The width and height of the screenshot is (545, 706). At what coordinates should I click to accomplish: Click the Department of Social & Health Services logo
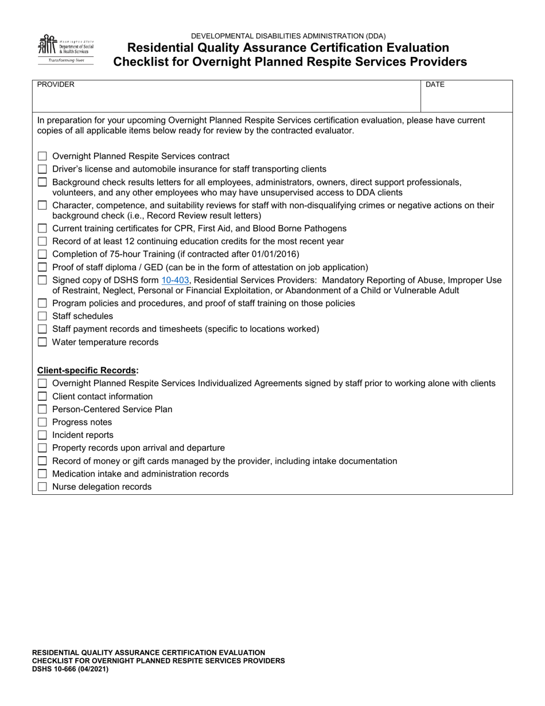65,49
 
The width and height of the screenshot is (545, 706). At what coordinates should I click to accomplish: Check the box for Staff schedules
42,316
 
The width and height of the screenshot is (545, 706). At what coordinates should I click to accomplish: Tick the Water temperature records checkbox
42,342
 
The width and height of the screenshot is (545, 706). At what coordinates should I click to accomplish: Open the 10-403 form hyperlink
176,280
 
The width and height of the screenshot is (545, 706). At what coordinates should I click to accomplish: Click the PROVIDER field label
56,84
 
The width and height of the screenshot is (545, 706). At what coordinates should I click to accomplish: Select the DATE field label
435,84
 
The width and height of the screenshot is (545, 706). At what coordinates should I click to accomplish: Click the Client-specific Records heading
88,370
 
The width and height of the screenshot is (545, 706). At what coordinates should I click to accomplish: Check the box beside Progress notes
42,422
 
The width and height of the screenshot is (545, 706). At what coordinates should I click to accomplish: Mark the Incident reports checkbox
42,435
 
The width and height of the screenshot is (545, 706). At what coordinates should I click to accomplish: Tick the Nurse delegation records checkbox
42,487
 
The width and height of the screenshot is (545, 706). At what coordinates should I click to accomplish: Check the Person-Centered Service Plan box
42,409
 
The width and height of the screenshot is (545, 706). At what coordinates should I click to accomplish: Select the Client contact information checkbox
42,397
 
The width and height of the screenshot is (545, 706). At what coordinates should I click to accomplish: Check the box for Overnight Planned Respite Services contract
42,156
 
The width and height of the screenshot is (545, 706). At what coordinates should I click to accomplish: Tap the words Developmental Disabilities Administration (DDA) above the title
289,36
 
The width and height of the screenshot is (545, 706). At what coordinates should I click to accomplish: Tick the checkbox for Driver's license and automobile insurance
42,169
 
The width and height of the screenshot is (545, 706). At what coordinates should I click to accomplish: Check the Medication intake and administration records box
42,474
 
